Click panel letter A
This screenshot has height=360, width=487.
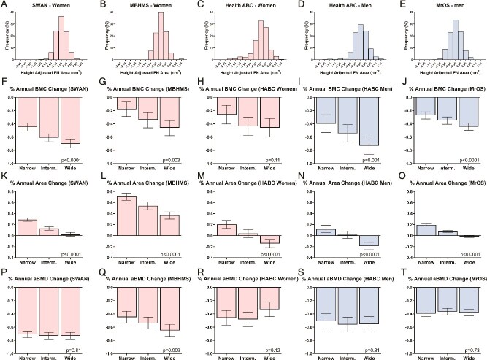click(4, 5)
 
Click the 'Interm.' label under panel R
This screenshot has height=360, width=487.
click(249, 355)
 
